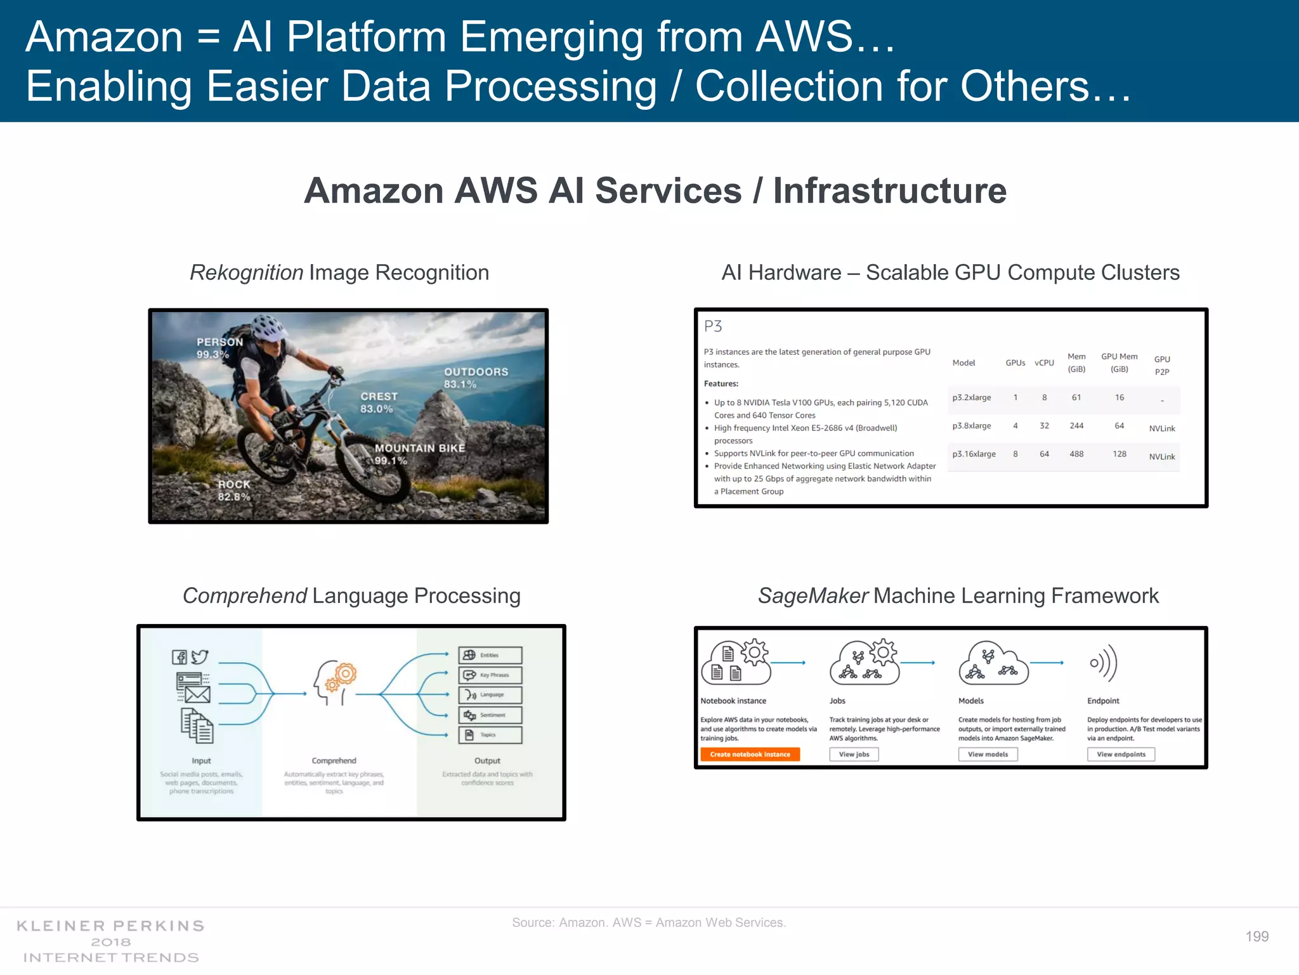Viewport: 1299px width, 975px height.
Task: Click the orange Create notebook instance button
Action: pyautogui.click(x=750, y=754)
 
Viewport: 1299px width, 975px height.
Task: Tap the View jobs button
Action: pyautogui.click(x=854, y=754)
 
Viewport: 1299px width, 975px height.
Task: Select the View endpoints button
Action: pyautogui.click(x=1121, y=754)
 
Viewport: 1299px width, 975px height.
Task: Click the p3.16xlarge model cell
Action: pyautogui.click(x=974, y=454)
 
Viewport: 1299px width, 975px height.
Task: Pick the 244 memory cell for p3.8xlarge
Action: pyautogui.click(x=1076, y=426)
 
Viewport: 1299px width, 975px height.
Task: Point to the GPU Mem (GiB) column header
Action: pyautogui.click(x=1119, y=362)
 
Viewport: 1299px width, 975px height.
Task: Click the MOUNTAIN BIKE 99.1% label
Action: pyautogui.click(x=419, y=454)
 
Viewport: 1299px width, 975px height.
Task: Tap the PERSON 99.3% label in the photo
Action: pyautogui.click(x=219, y=348)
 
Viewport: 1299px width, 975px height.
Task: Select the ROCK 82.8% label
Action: pyautogui.click(x=234, y=490)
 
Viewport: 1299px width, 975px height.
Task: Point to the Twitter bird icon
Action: pyautogui.click(x=200, y=657)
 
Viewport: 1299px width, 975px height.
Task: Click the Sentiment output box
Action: pyautogui.click(x=490, y=715)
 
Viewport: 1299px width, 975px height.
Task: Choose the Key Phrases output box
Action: pyautogui.click(x=490, y=675)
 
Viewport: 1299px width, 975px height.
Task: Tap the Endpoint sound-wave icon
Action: pyautogui.click(x=1103, y=663)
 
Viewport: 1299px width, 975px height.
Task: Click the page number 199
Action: pyautogui.click(x=1257, y=936)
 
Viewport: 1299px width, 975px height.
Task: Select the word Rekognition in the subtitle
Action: pyautogui.click(x=247, y=273)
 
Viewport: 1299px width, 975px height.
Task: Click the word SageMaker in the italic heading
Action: pyautogui.click(x=813, y=596)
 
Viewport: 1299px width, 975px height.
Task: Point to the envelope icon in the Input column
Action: pyautogui.click(x=197, y=694)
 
